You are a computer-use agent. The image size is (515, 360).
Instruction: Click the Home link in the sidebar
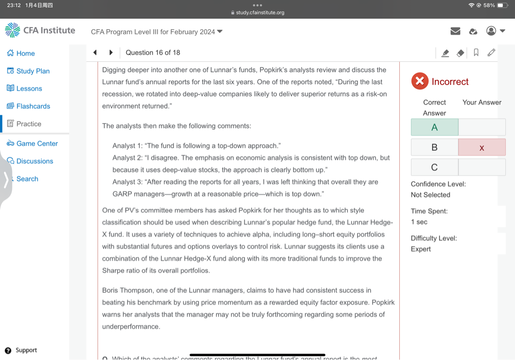[x=25, y=53]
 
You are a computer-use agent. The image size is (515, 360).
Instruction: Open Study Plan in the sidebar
[x=33, y=71]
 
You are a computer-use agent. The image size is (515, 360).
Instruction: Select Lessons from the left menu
[x=29, y=88]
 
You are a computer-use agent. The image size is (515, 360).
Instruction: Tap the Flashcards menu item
[x=33, y=106]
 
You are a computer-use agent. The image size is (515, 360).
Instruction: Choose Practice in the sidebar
[x=29, y=124]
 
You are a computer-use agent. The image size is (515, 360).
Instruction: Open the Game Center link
[x=37, y=143]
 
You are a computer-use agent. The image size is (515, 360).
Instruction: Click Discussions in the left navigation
[x=35, y=161]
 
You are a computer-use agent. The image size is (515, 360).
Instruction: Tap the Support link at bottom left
[x=26, y=350]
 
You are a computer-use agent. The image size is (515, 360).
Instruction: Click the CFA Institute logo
[x=40, y=31]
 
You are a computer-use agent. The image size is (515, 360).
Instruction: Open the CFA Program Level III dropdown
[x=156, y=32]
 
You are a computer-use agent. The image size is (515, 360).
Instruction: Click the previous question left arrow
[x=95, y=52]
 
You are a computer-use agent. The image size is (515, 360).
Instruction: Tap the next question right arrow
[x=111, y=52]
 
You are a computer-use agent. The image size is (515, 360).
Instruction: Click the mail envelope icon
[x=455, y=31]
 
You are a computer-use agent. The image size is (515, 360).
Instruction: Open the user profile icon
[x=491, y=31]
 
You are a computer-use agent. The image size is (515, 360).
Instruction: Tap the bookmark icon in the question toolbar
[x=476, y=52]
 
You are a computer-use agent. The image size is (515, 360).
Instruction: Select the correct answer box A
[x=435, y=127]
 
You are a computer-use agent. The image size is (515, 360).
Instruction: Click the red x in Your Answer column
[x=482, y=147]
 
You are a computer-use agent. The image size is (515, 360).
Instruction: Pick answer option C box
[x=435, y=167]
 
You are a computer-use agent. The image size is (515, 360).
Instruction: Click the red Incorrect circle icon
[x=419, y=81]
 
